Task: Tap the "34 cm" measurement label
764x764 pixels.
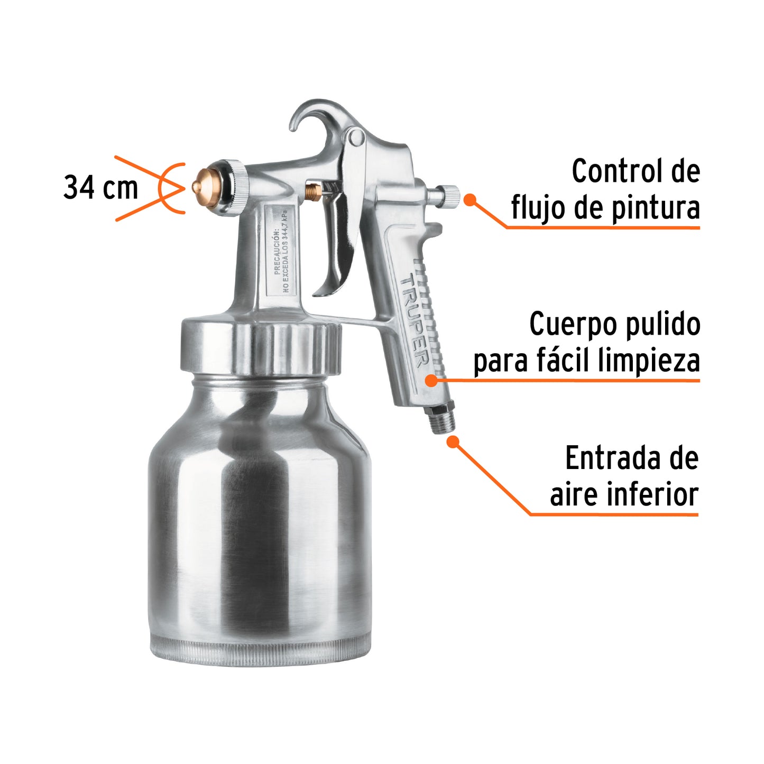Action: point(100,188)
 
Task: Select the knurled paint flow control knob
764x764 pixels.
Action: point(450,197)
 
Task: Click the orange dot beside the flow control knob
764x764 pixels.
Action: point(470,199)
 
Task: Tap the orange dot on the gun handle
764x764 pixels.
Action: point(432,380)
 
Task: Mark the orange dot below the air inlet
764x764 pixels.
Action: point(453,441)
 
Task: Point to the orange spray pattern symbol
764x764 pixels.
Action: point(159,188)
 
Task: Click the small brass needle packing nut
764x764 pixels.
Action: point(313,190)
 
